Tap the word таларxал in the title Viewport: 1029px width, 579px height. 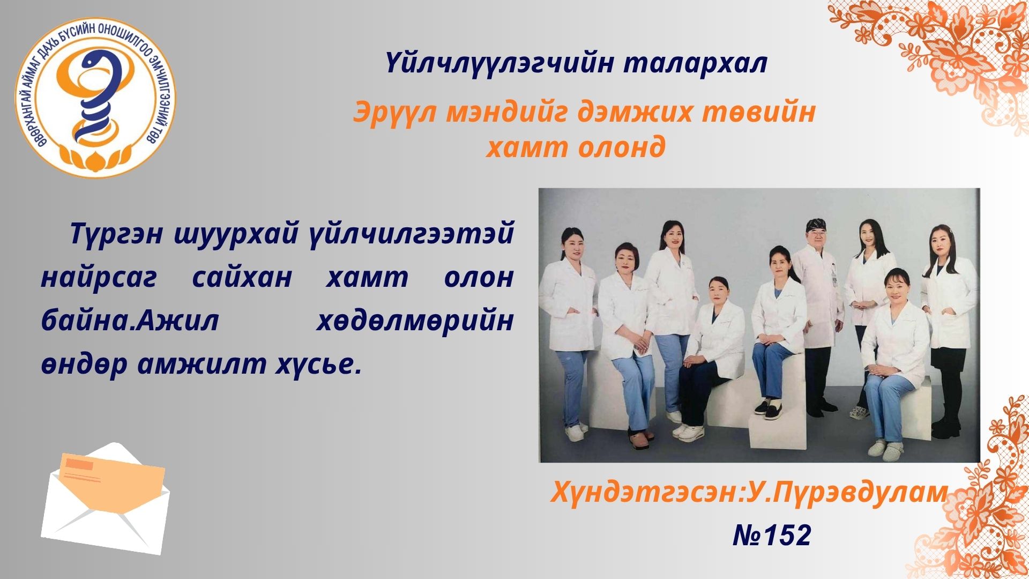tap(696, 64)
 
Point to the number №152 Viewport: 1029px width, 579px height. tap(772, 535)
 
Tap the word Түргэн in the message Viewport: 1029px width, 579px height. tap(116, 234)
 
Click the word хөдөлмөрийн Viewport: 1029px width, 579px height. tap(414, 321)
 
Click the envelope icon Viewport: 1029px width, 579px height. tap(106, 499)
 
